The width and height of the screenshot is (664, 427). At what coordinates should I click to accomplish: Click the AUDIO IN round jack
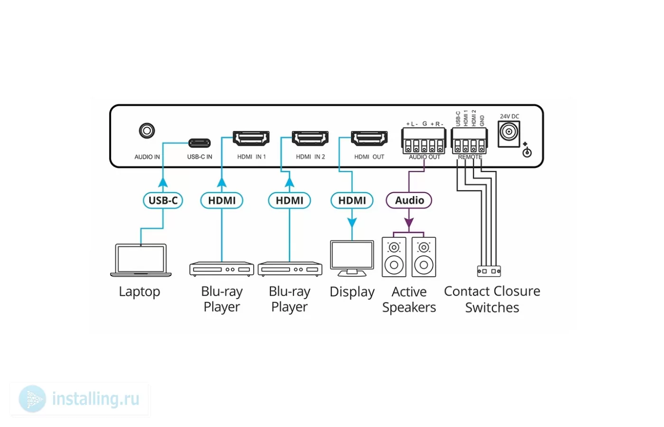147,131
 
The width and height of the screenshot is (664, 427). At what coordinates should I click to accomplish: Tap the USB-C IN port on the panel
200,143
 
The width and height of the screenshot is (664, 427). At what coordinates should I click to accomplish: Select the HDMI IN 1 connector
251,138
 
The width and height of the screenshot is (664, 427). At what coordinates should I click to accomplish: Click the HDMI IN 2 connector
310,138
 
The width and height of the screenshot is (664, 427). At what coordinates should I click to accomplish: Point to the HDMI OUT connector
369,138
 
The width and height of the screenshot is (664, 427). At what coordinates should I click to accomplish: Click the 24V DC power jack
509,134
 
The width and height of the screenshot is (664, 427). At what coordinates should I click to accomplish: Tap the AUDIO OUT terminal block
424,141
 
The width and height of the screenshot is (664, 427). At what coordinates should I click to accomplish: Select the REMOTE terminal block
470,141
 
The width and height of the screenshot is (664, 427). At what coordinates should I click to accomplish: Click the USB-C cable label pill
163,200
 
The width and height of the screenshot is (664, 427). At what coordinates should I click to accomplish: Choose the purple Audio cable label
409,200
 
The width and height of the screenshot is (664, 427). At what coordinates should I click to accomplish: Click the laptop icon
141,260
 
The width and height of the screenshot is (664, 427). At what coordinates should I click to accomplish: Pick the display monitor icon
352,258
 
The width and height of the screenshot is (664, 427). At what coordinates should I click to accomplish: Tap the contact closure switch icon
489,271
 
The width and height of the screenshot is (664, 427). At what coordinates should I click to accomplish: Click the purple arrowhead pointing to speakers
409,223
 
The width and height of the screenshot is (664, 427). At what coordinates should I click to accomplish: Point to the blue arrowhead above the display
352,223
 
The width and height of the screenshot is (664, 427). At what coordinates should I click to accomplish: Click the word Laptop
139,292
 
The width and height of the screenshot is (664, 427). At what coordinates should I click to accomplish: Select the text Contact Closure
492,291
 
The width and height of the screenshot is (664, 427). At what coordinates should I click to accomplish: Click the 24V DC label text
509,117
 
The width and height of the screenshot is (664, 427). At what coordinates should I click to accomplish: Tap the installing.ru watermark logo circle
32,399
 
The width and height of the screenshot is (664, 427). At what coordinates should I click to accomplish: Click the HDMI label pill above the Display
352,200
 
